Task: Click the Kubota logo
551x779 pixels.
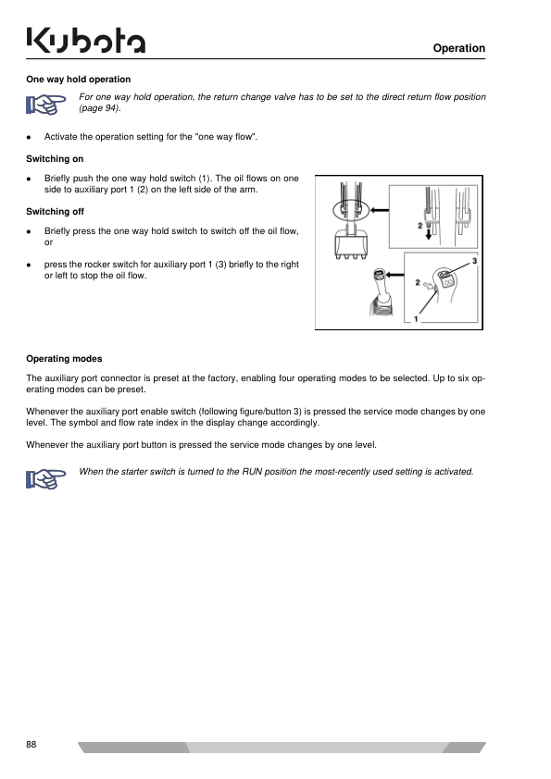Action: pos(85,40)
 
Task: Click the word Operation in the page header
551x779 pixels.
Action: pos(459,48)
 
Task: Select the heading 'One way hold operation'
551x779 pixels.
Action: pos(79,80)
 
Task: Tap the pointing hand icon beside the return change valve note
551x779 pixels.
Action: pos(45,105)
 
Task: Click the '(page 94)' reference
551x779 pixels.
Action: pos(99,108)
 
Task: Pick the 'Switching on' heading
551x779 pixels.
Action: pos(55,159)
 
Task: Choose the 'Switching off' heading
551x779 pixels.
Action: pos(56,212)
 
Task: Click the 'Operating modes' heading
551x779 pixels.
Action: pos(64,359)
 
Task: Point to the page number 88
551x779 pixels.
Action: pos(31,744)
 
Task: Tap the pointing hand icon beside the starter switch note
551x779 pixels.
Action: pos(45,479)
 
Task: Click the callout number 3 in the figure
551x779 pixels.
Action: pos(474,261)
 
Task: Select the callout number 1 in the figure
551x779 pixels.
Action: pos(416,319)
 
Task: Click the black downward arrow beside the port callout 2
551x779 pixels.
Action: pos(429,232)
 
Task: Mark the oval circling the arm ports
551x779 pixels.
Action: pos(351,210)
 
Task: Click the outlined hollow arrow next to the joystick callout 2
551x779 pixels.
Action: pos(428,286)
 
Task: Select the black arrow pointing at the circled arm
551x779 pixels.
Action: pos(380,210)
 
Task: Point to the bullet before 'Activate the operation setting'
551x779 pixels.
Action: pos(29,137)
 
